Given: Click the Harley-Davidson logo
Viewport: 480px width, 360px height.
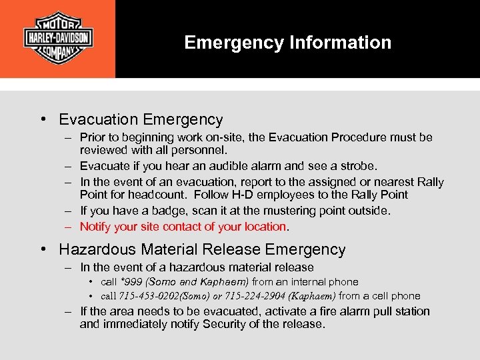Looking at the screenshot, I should pos(57,38).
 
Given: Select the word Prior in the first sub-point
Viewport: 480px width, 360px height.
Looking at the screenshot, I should pos(92,137).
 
